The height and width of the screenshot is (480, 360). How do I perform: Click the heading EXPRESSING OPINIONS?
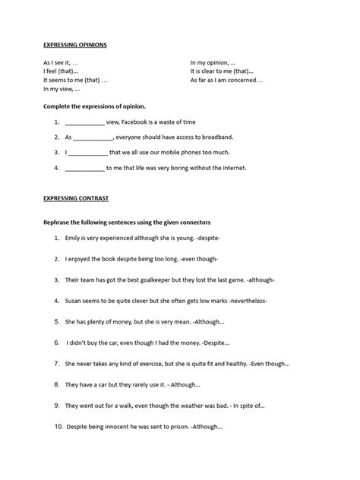point(74,45)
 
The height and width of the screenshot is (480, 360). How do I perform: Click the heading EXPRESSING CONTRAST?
point(75,198)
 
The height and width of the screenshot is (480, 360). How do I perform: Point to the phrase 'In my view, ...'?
point(62,89)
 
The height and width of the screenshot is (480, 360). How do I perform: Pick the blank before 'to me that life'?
point(85,168)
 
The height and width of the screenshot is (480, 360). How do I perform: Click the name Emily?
point(74,238)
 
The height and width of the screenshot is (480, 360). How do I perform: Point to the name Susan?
point(75,300)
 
